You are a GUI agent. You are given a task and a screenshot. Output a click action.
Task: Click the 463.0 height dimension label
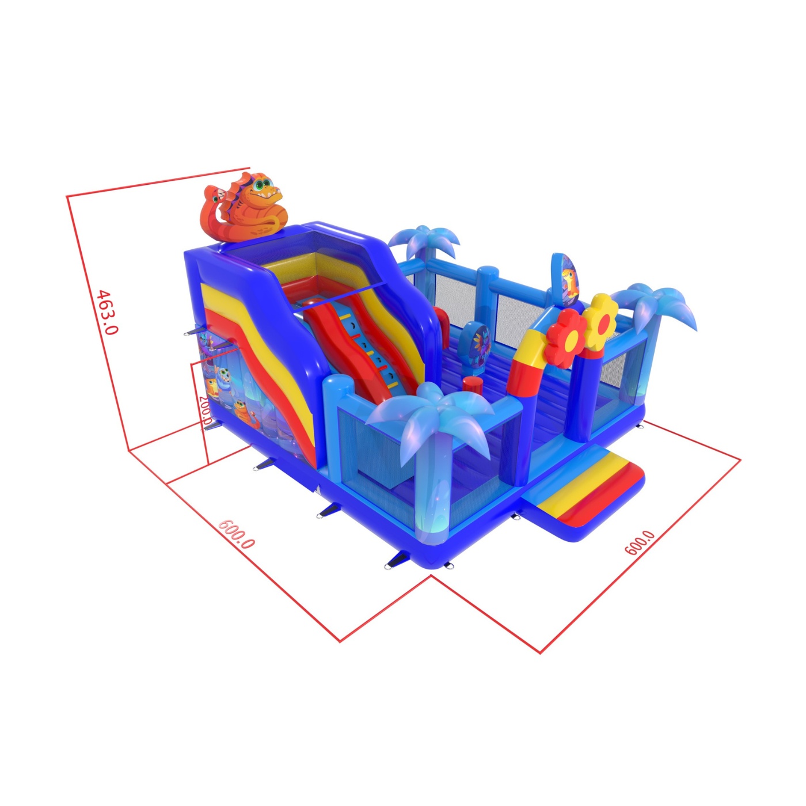pyautogui.click(x=108, y=312)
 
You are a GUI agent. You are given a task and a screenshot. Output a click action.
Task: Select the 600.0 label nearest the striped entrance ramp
pyautogui.click(x=640, y=542)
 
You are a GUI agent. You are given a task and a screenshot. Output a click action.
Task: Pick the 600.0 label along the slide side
pyautogui.click(x=237, y=534)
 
